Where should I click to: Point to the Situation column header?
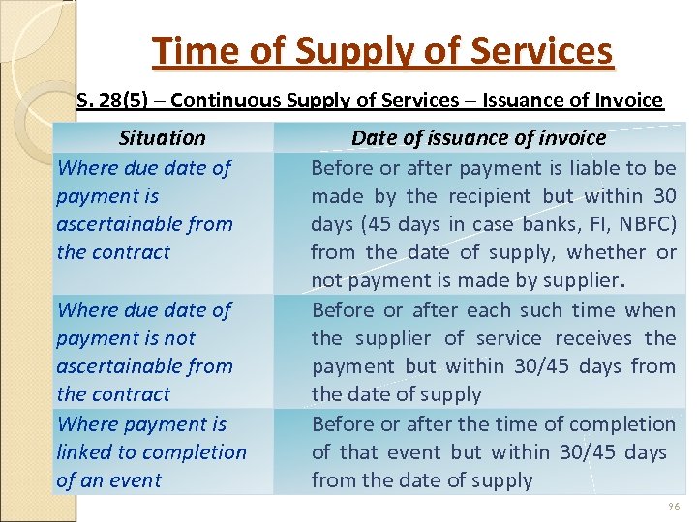[162, 138]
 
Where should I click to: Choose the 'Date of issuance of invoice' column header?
[478, 138]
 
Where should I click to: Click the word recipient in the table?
[486, 196]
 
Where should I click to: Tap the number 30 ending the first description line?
[664, 196]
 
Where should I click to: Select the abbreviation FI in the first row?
[585, 224]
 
